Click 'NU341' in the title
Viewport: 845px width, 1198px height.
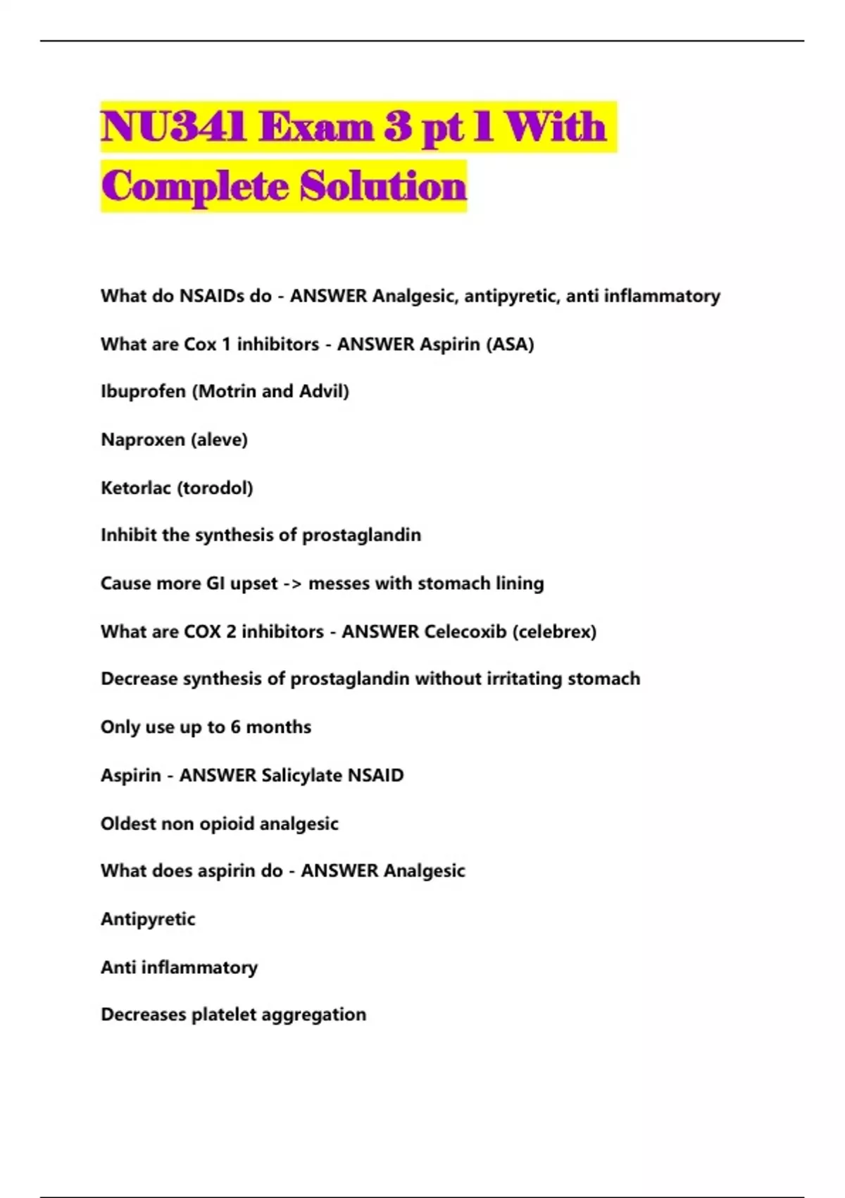(173, 128)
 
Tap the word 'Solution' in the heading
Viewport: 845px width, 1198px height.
(384, 187)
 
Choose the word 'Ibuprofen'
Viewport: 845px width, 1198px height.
(143, 391)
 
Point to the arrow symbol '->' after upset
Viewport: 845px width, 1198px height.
(293, 584)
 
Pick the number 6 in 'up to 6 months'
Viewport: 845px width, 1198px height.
(235, 727)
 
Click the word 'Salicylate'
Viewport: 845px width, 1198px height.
(301, 775)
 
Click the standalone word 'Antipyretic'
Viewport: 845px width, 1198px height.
(148, 919)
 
